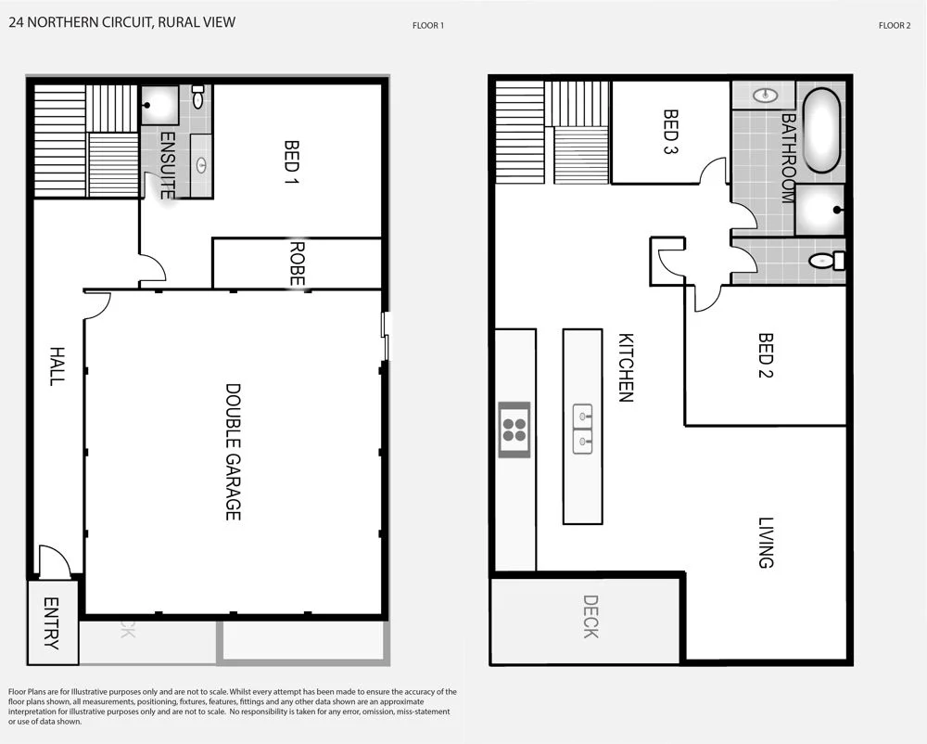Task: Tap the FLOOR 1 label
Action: [428, 26]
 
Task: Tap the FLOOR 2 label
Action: [895, 26]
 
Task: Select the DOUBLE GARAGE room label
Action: [233, 452]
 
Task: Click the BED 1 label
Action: [292, 163]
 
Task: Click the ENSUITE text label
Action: [168, 165]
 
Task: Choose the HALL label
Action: [57, 366]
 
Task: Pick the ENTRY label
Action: [52, 622]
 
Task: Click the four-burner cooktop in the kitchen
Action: [514, 430]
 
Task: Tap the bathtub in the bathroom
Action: [821, 130]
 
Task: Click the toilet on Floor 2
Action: [826, 262]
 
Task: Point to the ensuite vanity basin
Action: [201, 165]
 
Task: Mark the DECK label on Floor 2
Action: [590, 617]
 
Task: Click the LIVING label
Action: [765, 543]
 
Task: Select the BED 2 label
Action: [766, 356]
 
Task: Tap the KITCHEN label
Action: [626, 367]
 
